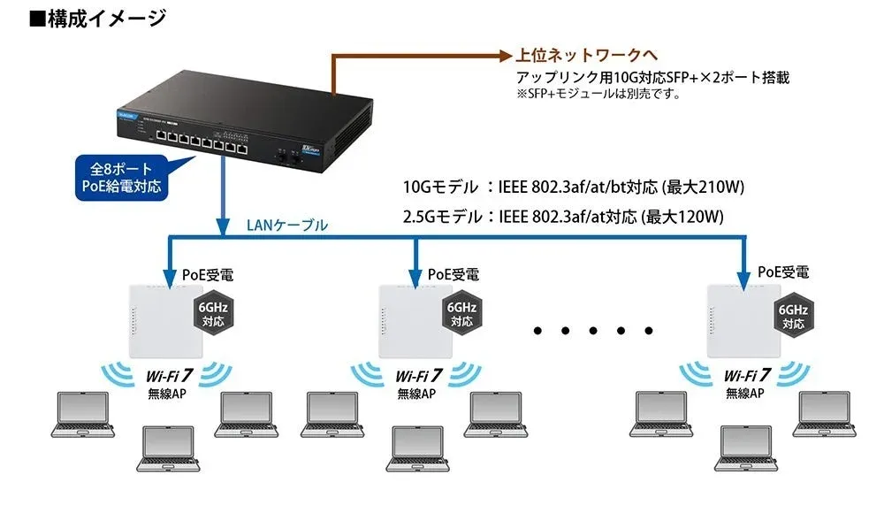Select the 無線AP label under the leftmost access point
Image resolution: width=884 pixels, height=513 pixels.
(166, 393)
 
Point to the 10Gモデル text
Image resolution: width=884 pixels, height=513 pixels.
(439, 187)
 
